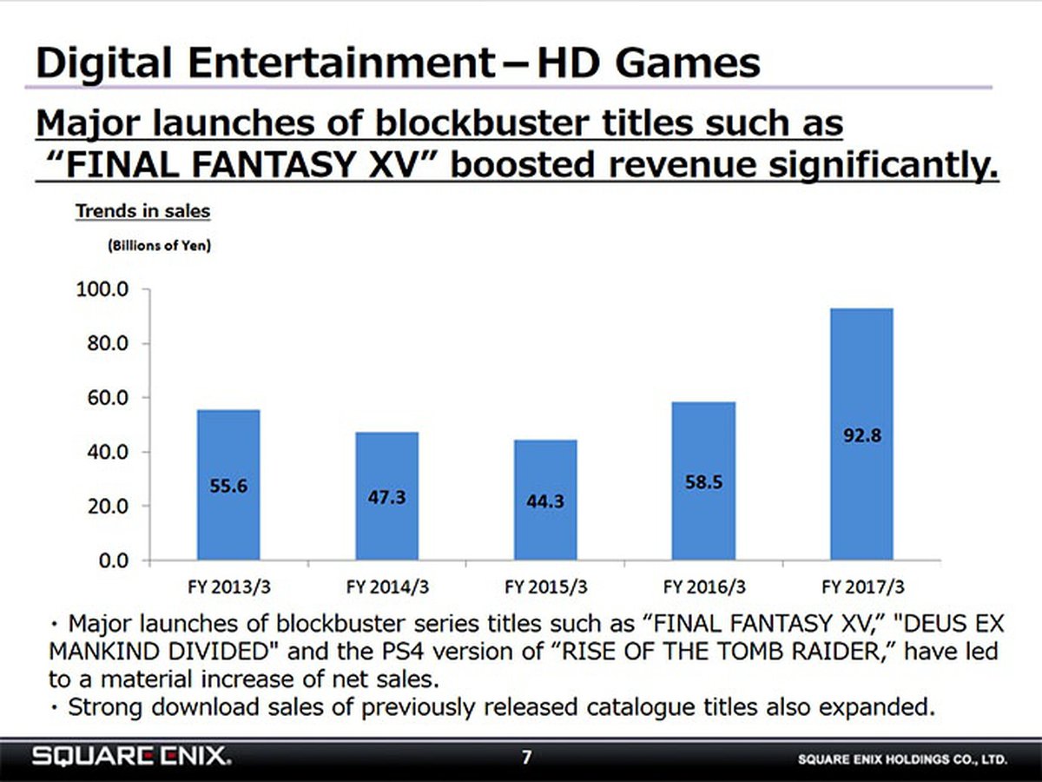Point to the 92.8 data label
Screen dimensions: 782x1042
click(x=862, y=437)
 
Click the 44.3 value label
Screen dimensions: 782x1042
click(x=545, y=501)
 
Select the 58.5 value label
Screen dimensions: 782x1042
click(x=703, y=483)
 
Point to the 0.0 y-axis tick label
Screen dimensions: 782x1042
click(x=114, y=560)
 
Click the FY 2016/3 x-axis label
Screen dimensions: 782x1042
click(x=703, y=586)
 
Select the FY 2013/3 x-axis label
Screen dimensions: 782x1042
click(x=229, y=586)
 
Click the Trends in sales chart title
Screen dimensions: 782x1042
click(x=143, y=210)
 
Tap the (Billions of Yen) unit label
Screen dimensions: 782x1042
click(x=161, y=245)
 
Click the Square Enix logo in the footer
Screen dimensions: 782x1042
click(x=132, y=758)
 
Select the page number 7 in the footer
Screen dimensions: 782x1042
click(x=525, y=758)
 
